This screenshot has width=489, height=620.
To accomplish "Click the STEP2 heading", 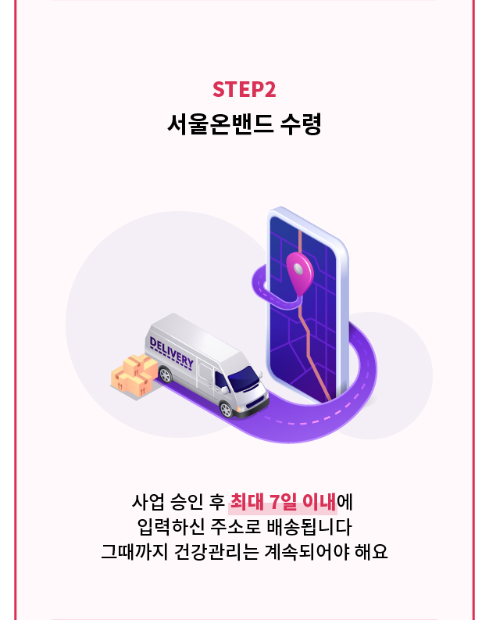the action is [244, 90].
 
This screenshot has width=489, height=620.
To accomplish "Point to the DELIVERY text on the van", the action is [171, 353].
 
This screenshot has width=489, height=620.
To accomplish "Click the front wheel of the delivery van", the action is [226, 407].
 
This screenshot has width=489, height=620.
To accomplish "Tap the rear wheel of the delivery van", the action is [165, 375].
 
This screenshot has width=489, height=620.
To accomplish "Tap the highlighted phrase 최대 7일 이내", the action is [283, 500].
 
